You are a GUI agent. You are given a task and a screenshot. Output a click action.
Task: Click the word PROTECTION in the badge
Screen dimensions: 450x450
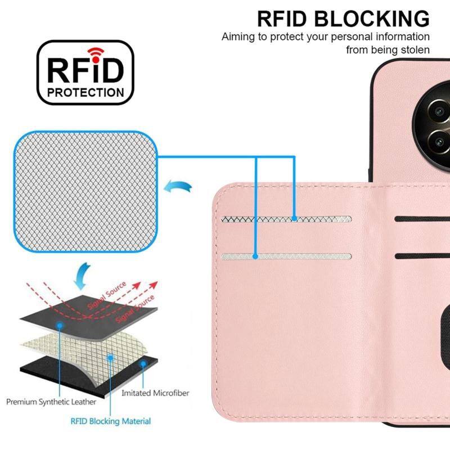coord(86,92)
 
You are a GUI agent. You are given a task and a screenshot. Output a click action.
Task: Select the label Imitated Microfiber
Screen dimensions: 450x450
coord(155,393)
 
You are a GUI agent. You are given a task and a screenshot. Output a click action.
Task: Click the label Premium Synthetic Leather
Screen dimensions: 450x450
coord(51,402)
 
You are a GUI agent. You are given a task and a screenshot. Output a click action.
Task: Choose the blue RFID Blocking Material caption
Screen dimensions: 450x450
coord(111,421)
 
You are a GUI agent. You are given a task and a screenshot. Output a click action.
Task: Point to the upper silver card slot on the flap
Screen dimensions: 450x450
coord(287,219)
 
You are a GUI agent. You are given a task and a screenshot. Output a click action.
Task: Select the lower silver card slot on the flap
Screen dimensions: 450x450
coord(287,256)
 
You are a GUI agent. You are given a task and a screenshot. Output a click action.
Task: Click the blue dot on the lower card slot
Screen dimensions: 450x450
coord(256,256)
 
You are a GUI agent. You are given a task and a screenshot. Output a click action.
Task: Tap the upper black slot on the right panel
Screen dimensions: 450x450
coord(422,219)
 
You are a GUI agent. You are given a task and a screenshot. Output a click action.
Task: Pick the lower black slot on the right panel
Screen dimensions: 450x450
coord(422,256)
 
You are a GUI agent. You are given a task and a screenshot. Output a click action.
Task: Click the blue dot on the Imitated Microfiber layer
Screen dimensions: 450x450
coord(144,363)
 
